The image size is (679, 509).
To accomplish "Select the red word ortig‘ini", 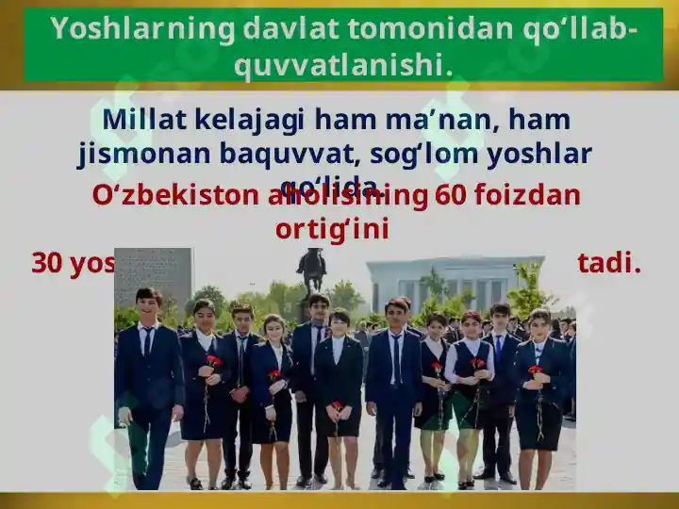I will point(332,228).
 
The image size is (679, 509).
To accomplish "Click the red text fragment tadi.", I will point(608,263).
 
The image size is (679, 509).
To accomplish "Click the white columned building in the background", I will point(455,283).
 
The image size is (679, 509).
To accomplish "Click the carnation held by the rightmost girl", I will point(535,370).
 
